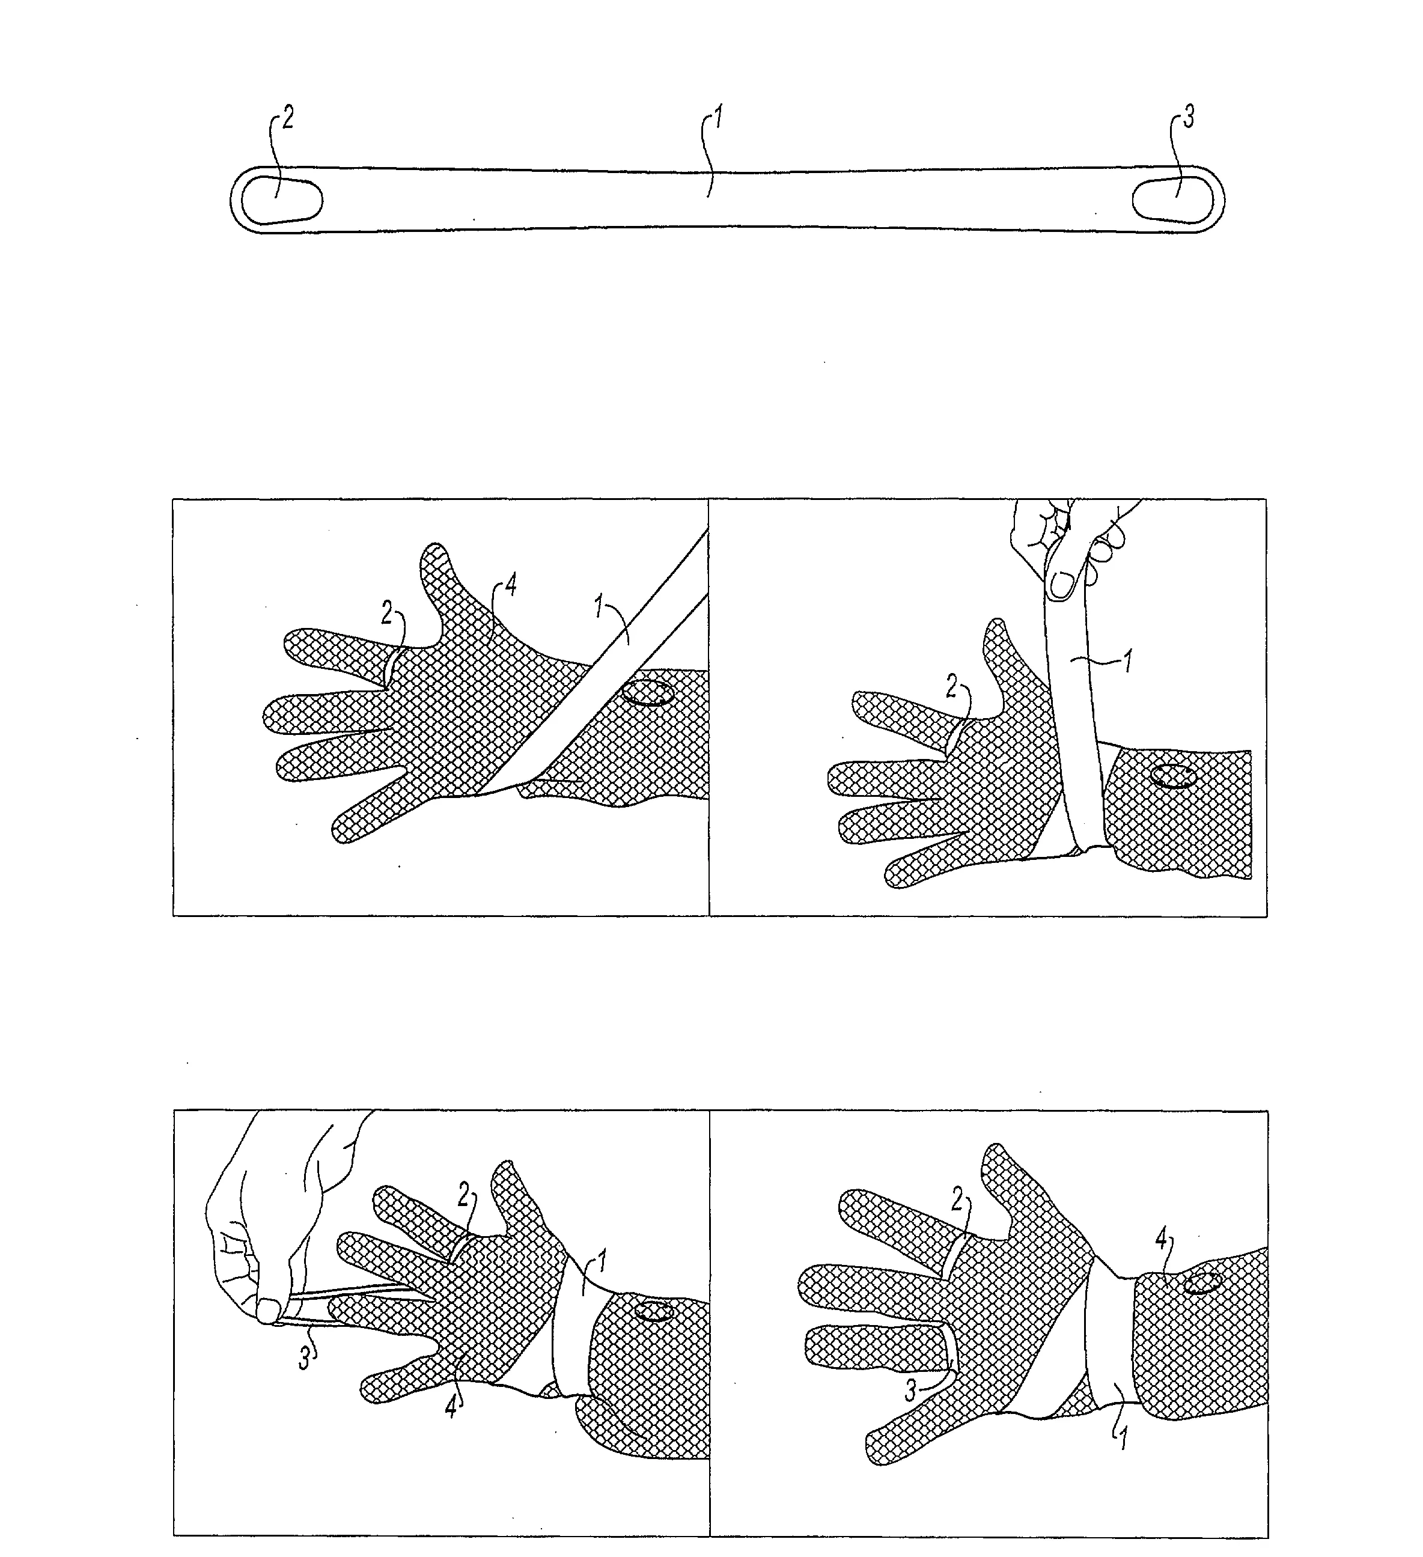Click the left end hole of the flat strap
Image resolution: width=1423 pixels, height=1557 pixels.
pyautogui.click(x=282, y=201)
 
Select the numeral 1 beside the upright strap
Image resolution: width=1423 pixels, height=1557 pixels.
pyautogui.click(x=1129, y=661)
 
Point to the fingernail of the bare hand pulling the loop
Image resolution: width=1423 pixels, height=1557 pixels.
pyautogui.click(x=267, y=1310)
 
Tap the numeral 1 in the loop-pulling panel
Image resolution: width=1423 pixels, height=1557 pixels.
pyautogui.click(x=602, y=1264)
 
